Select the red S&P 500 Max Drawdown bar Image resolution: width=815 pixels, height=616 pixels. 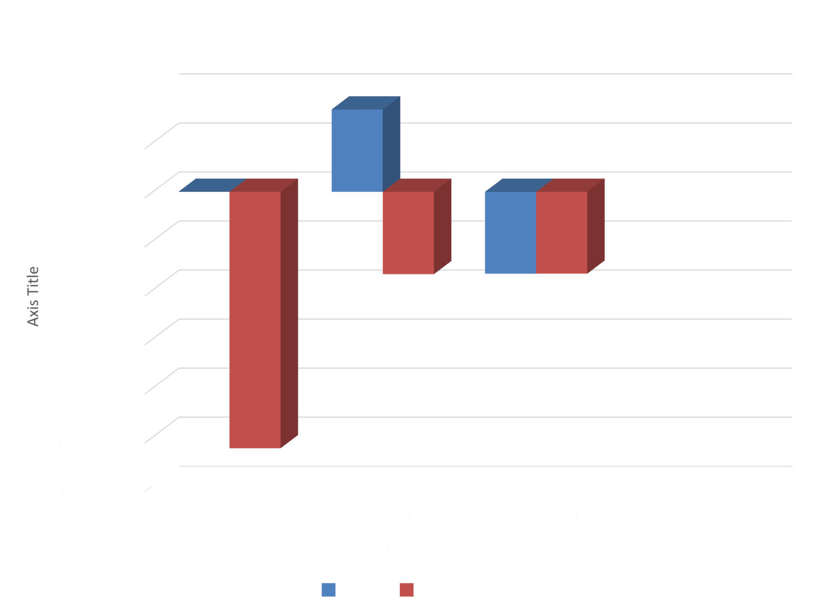tap(255, 320)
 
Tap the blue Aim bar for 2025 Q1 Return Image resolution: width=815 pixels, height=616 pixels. tap(357, 151)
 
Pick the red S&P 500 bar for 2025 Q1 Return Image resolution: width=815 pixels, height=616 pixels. tap(408, 233)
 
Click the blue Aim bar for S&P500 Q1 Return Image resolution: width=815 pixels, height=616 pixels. tap(510, 233)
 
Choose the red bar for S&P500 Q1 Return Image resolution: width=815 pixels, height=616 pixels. tap(561, 233)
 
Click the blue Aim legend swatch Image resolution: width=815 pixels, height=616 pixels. tap(329, 590)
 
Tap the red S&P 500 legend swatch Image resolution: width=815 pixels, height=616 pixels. tap(406, 590)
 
